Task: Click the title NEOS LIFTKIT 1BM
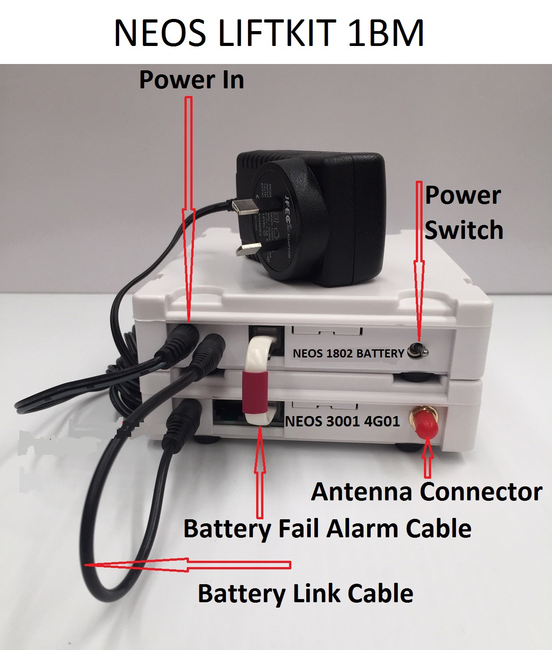click(x=269, y=33)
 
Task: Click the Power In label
click(x=192, y=79)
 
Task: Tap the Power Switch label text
click(x=464, y=212)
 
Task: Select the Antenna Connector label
click(x=426, y=491)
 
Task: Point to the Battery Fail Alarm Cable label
click(x=327, y=528)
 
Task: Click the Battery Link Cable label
click(x=305, y=593)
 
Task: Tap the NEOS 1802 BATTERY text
click(x=348, y=353)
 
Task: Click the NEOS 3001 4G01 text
click(x=343, y=422)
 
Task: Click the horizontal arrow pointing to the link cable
click(x=189, y=565)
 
